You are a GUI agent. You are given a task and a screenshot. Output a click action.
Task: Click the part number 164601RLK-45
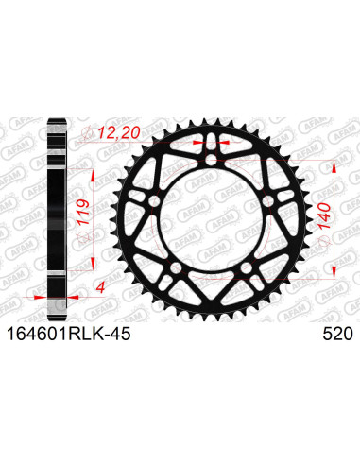[x=68, y=335]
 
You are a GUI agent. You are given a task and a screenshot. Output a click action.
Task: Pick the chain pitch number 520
[x=338, y=335]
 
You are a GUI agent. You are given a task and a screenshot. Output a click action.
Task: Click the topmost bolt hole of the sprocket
[x=211, y=160]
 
